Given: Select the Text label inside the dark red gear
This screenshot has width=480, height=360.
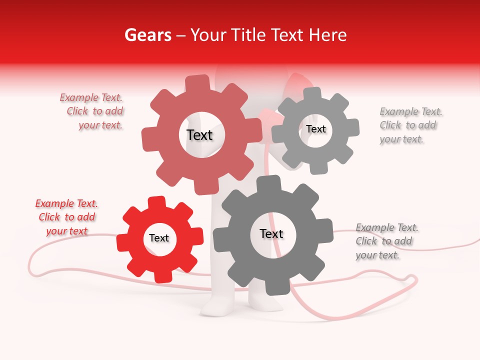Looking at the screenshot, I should point(199,135).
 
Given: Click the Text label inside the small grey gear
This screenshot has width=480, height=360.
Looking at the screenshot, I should point(316,129).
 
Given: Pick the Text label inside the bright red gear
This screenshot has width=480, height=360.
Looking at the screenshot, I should point(159,238).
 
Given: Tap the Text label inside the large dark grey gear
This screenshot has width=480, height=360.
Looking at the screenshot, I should point(271,233).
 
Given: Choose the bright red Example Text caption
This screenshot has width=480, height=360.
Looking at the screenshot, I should point(67,217).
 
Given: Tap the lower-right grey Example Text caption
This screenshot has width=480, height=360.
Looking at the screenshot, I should point(386,241).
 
